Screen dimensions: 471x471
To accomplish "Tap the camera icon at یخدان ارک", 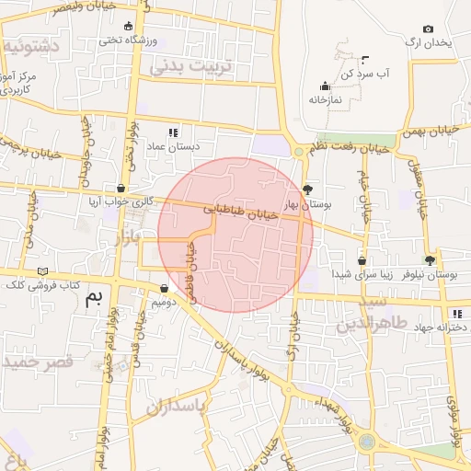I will (x=428, y=29).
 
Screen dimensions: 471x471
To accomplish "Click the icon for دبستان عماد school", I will (x=172, y=132).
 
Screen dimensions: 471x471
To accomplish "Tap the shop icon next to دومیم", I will (x=164, y=288).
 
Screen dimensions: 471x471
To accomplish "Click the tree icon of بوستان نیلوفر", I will (x=430, y=260).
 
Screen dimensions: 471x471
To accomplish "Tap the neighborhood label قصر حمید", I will (x=37, y=362).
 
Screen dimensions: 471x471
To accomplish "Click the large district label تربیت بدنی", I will (x=200, y=67).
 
